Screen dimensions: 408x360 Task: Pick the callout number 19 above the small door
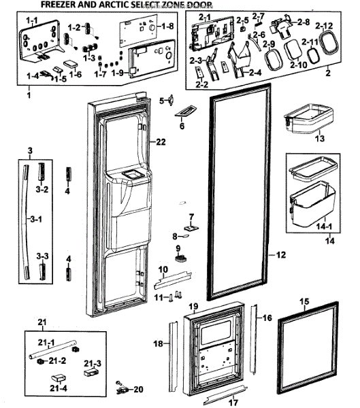pos(193,307)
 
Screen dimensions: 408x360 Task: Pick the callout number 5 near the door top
pos(162,101)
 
